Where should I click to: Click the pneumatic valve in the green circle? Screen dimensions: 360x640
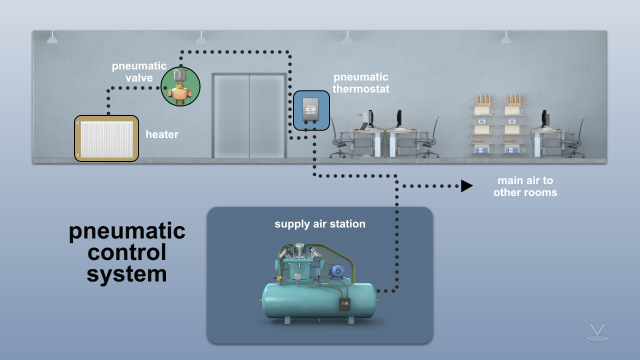point(180,86)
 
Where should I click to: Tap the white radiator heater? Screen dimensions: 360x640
point(106,139)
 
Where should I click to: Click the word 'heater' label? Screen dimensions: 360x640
point(162,134)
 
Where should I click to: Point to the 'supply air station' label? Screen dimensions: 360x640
point(320,224)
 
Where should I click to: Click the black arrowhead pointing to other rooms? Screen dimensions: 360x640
point(466,186)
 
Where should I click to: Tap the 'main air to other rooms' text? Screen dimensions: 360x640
point(525,186)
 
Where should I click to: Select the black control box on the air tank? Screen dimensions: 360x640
point(345,304)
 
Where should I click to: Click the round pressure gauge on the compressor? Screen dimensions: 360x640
point(297,276)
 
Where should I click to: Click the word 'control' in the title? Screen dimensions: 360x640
point(126,252)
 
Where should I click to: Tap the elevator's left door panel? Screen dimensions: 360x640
point(231,116)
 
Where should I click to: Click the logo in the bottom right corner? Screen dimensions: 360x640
point(597,332)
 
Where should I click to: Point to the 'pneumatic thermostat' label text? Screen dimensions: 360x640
point(361,83)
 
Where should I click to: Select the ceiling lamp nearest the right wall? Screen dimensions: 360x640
point(506,37)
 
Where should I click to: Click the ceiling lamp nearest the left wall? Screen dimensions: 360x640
point(52,37)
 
